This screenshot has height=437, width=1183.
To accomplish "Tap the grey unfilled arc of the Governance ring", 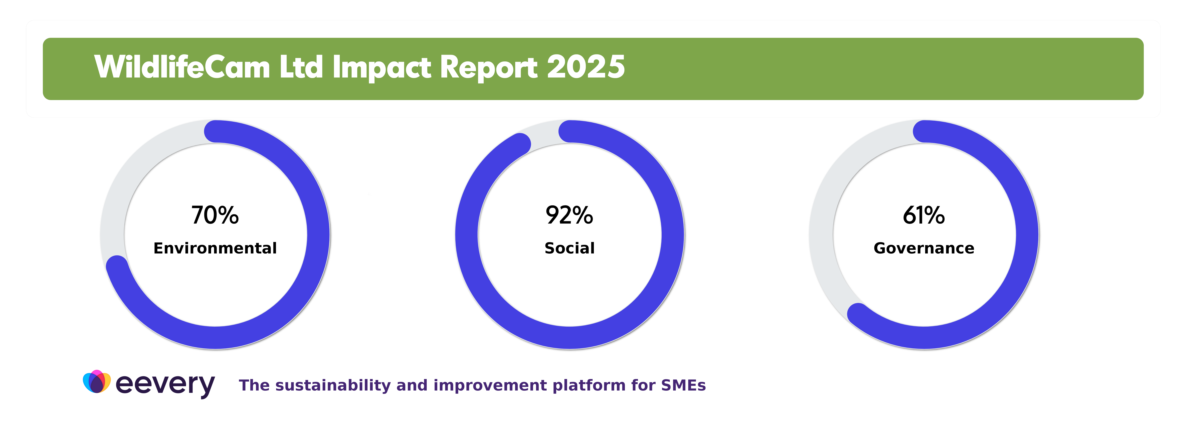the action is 827,193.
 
